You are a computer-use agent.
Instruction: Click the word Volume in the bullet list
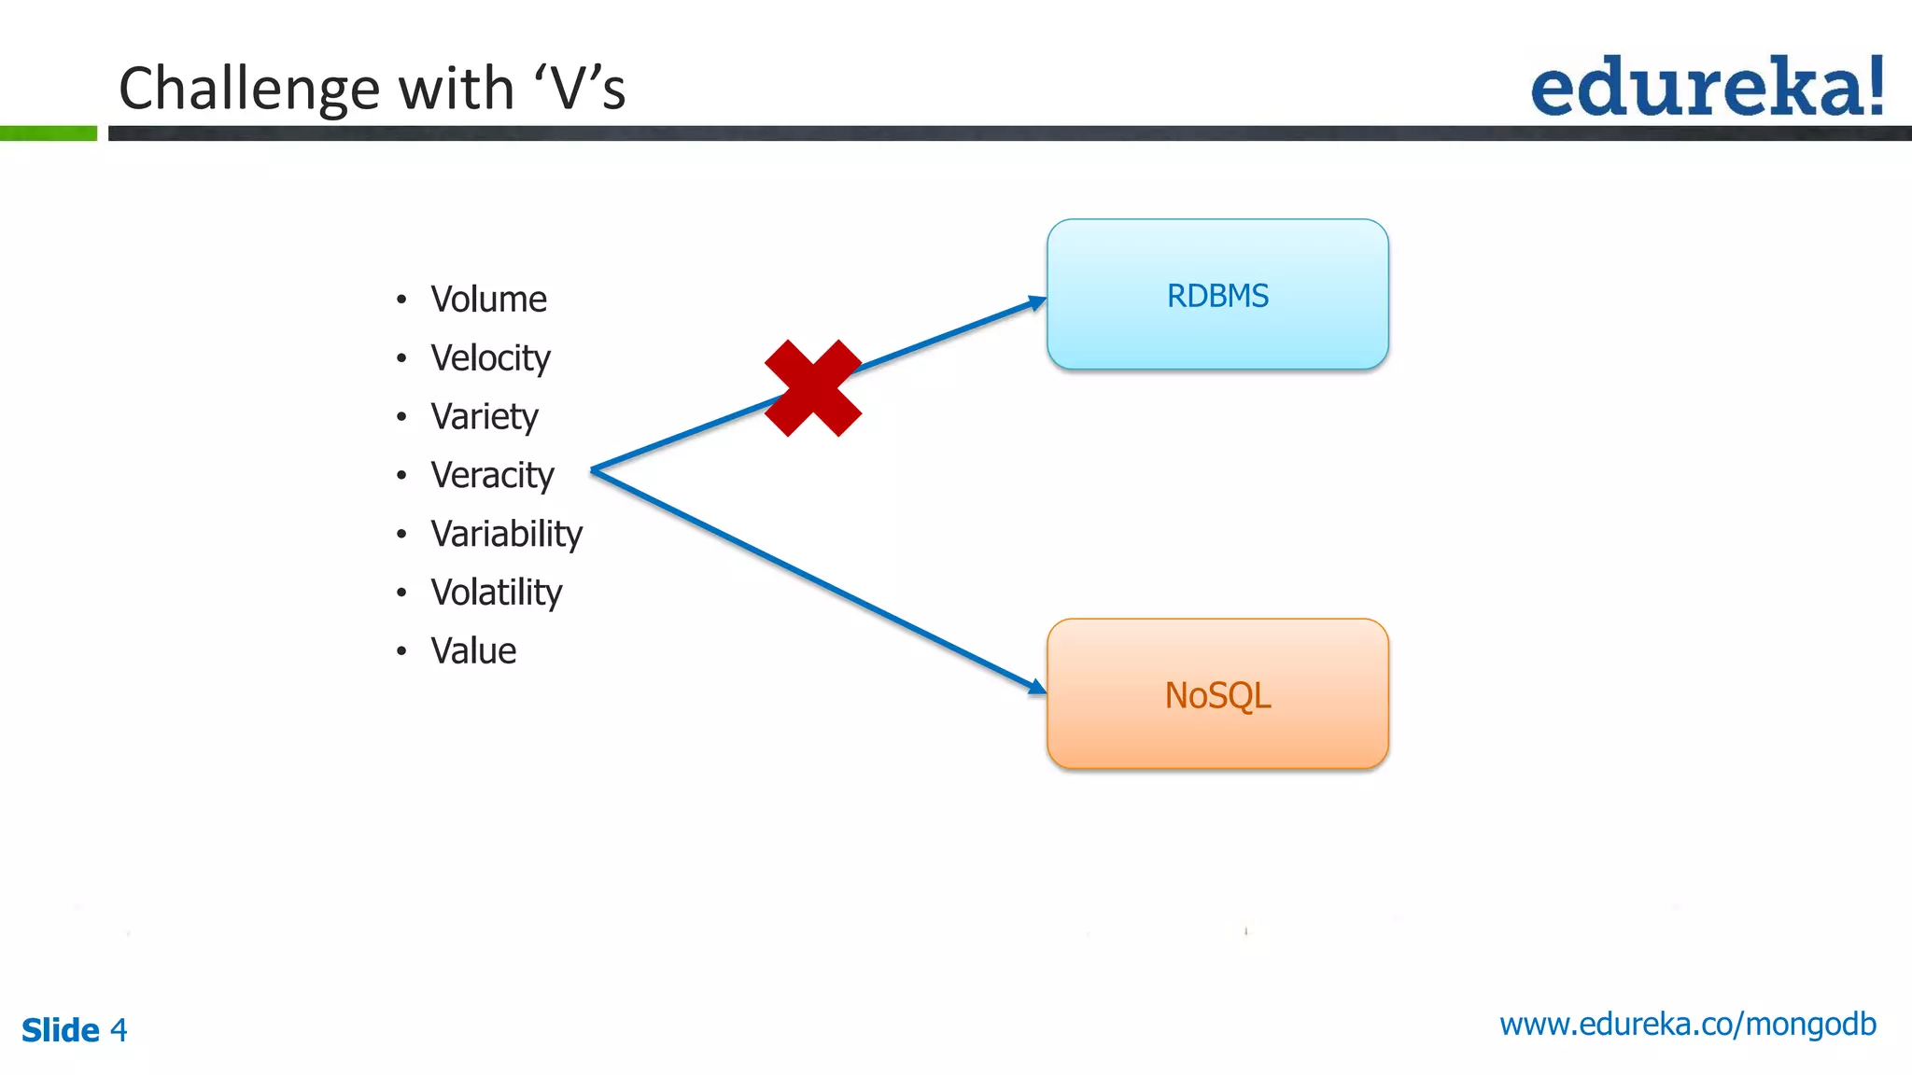[488, 300]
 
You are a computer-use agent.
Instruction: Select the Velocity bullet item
[490, 358]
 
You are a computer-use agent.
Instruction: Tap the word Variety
[484, 417]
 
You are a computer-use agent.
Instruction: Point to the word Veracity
[492, 476]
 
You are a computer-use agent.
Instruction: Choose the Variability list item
[506, 534]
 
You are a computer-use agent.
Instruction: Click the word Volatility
[496, 593]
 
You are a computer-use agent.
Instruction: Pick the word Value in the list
[473, 651]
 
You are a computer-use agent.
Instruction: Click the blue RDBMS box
[1217, 295]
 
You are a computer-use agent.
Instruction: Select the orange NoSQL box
[1217, 694]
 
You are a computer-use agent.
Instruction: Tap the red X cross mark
[813, 388]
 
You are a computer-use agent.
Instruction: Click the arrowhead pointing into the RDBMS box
[1036, 302]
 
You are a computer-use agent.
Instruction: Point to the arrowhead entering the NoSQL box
[1036, 688]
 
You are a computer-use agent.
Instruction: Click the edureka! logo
[1707, 87]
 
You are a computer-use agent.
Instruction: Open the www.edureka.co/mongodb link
[1687, 1025]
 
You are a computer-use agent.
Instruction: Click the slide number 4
[119, 1030]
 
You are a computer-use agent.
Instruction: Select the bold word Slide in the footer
[61, 1030]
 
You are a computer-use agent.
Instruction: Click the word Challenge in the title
[250, 89]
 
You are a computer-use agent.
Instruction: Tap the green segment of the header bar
[49, 133]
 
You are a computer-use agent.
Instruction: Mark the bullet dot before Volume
[401, 300]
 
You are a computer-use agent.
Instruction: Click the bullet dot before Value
[401, 651]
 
